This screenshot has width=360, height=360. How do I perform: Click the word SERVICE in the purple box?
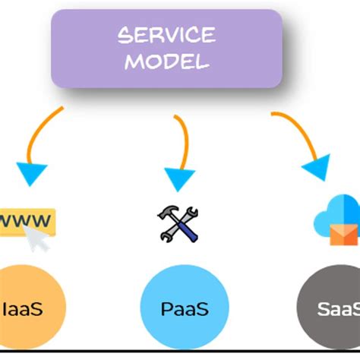166,35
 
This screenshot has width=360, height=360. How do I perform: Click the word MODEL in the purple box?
166,61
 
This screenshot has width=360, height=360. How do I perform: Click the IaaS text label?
24,309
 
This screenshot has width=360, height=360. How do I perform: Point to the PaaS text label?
185,309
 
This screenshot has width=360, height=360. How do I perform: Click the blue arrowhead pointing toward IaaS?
31,172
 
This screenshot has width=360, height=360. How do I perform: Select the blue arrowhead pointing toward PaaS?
180,178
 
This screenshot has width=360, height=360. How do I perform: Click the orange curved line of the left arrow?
42,129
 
